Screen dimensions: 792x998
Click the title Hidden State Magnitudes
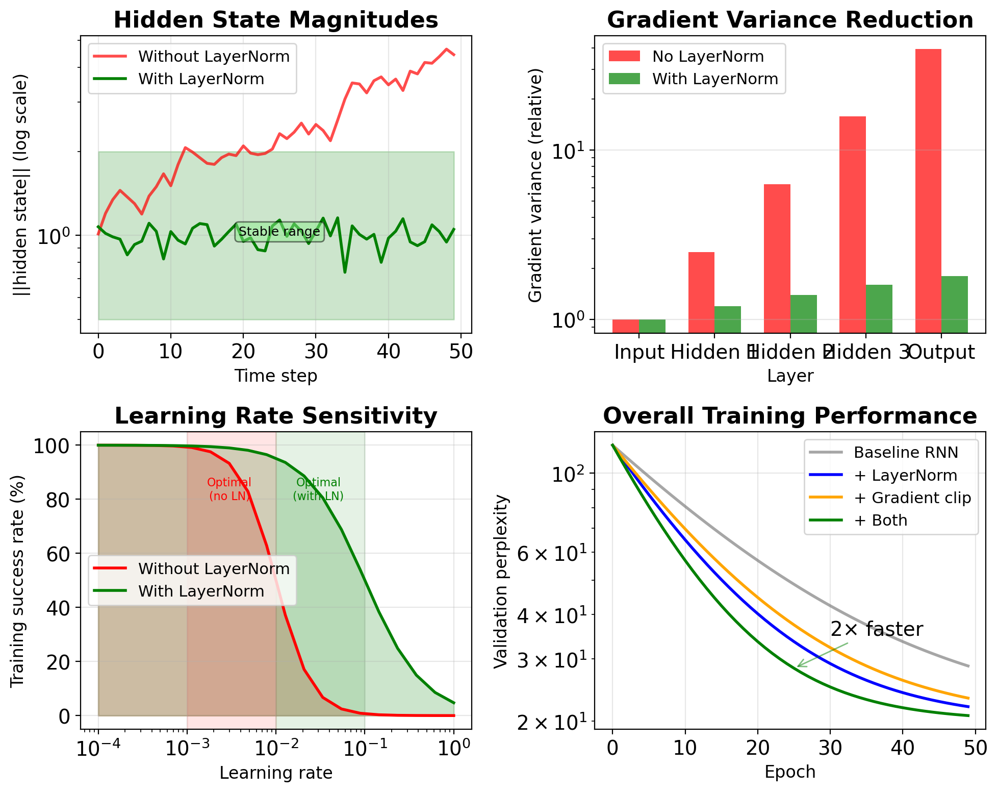click(x=276, y=20)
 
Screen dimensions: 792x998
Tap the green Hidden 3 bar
click(x=879, y=309)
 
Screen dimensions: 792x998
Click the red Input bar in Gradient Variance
click(x=626, y=326)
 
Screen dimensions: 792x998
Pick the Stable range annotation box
click(x=279, y=232)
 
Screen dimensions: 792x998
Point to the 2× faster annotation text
click(x=877, y=629)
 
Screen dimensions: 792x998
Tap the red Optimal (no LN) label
click(x=229, y=489)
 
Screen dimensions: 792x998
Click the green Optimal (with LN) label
click(x=318, y=489)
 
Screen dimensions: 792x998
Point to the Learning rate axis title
click(x=276, y=773)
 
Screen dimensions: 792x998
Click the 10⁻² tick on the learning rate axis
click(x=275, y=749)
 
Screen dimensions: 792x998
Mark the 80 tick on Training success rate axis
click(x=58, y=500)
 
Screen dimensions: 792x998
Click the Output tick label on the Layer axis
click(x=942, y=352)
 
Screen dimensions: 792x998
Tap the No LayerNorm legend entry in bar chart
click(x=708, y=57)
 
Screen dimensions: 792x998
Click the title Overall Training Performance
click(x=790, y=416)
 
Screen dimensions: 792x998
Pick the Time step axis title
click(x=276, y=376)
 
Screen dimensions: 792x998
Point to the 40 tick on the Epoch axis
click(x=903, y=748)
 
